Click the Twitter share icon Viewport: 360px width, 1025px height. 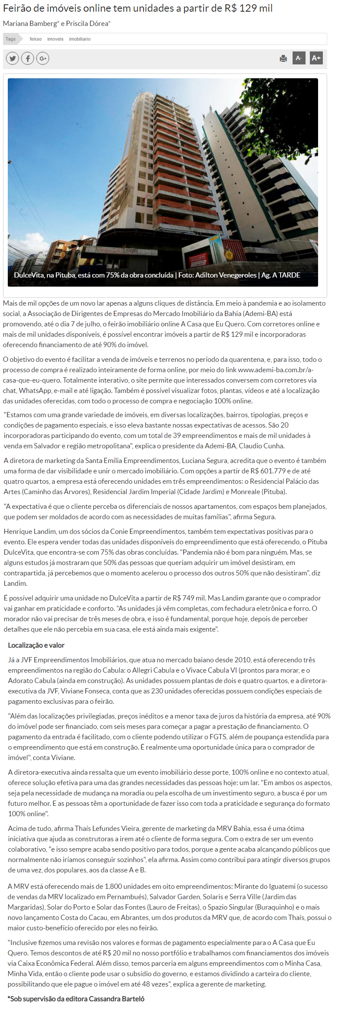pos(12,58)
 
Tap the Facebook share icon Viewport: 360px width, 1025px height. pos(28,58)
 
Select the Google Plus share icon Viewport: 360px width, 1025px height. pos(42,58)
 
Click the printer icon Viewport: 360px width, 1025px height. pos(284,58)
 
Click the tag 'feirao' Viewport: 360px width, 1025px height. pos(35,39)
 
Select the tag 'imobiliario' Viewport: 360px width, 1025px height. pos(80,39)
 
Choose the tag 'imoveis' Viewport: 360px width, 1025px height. pos(55,39)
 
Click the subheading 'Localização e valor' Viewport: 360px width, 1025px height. pos(36,645)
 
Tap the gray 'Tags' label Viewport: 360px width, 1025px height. pos(10,39)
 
